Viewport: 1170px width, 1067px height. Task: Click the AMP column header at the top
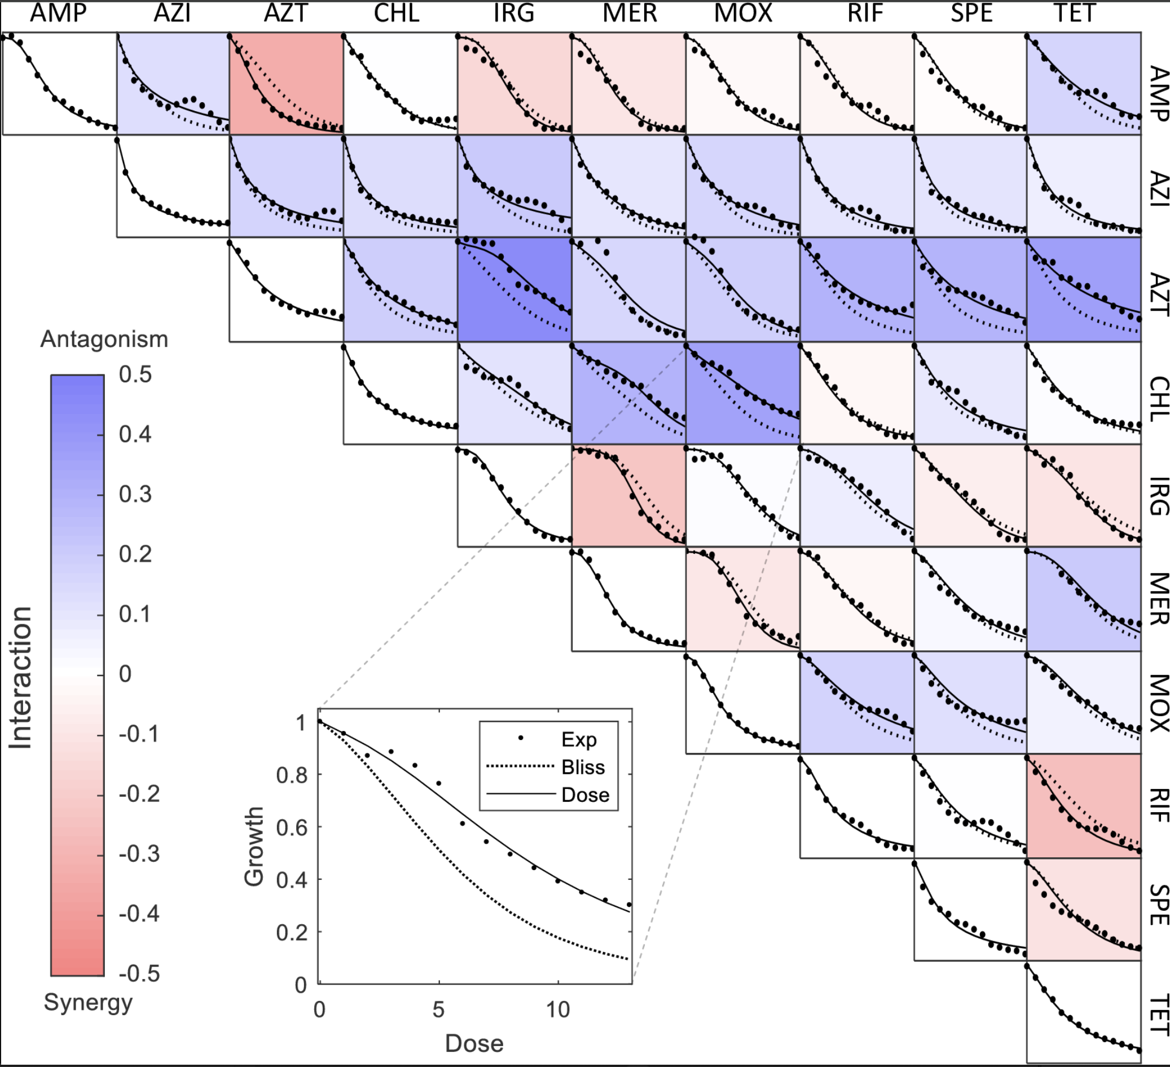click(x=58, y=13)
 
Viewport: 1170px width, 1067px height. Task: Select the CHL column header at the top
click(x=397, y=13)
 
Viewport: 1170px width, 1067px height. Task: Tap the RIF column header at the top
click(x=865, y=13)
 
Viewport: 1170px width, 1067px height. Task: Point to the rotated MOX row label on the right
click(x=1158, y=703)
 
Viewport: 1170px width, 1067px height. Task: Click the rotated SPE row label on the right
click(x=1158, y=905)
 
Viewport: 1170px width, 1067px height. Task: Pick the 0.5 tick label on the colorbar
click(x=135, y=375)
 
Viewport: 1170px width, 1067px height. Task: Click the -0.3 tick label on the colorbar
click(x=139, y=854)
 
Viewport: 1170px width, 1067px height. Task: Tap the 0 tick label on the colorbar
click(x=125, y=674)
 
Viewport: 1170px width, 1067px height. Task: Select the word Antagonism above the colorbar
click(x=104, y=339)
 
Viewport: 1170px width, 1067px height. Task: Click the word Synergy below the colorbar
click(x=88, y=1002)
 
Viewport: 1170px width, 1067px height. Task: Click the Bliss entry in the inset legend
click(x=583, y=767)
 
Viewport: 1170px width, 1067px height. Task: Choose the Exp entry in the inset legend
click(x=579, y=739)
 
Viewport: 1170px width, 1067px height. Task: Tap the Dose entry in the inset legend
click(x=585, y=795)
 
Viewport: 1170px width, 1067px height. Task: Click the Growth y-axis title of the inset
click(x=254, y=846)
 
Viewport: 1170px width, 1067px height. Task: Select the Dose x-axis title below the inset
click(x=474, y=1043)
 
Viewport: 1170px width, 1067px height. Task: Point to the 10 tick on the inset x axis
click(x=558, y=1010)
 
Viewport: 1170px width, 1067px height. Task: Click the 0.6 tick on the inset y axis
click(x=291, y=828)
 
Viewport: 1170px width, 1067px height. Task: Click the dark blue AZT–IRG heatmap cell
click(x=514, y=289)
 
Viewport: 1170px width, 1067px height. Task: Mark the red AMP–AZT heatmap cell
click(x=286, y=83)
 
